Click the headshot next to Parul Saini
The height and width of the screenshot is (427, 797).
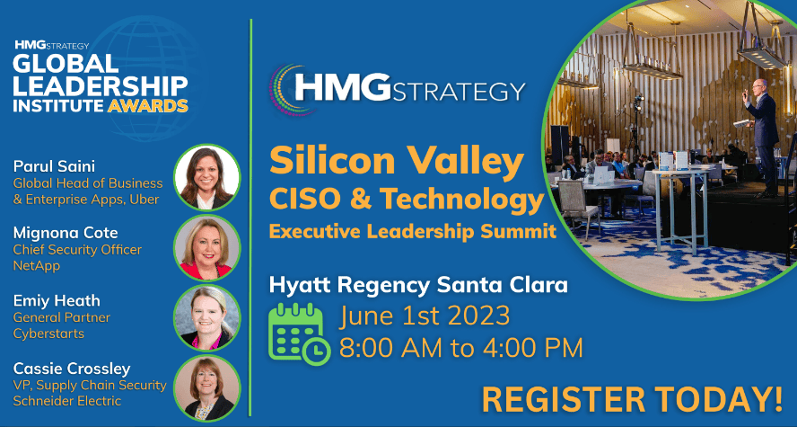click(x=206, y=178)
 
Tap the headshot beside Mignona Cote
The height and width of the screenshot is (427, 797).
click(x=206, y=248)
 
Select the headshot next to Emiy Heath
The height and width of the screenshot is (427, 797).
click(x=206, y=318)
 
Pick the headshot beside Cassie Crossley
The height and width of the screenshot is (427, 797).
click(x=206, y=387)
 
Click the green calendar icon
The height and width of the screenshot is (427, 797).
click(x=299, y=334)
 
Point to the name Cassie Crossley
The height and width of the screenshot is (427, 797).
click(x=72, y=369)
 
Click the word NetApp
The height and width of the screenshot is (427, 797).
click(x=37, y=266)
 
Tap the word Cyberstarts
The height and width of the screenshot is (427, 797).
click(x=48, y=334)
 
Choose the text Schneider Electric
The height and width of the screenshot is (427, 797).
click(x=67, y=401)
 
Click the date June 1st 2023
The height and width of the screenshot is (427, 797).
click(x=425, y=316)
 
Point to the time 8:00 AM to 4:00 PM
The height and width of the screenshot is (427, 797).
click(x=461, y=348)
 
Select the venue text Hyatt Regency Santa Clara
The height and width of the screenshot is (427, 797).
click(x=418, y=285)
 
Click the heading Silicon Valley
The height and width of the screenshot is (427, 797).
click(x=397, y=161)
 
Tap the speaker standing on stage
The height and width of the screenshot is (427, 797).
click(x=760, y=137)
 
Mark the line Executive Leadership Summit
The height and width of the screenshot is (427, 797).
click(x=413, y=232)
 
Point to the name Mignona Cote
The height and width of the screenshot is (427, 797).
click(x=66, y=233)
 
